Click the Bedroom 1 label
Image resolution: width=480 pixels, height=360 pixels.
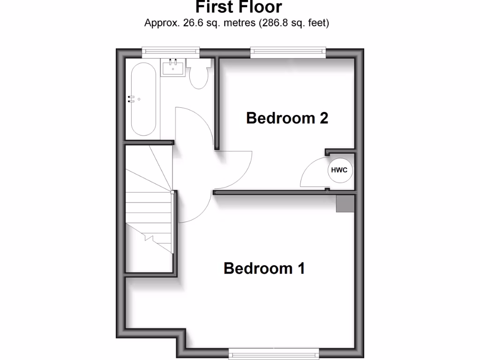[x=264, y=269]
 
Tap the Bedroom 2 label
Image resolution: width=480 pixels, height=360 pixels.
[x=287, y=118]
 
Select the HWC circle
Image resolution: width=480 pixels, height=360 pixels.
[x=339, y=170]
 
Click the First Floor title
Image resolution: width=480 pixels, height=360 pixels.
[x=239, y=7]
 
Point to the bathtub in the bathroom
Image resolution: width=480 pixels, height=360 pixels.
[x=143, y=99]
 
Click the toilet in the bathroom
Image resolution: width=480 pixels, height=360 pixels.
[x=199, y=75]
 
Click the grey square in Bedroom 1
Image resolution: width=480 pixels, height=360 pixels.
[x=345, y=203]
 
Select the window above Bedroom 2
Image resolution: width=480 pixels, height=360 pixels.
[x=288, y=52]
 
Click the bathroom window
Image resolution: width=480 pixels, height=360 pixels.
[x=171, y=52]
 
